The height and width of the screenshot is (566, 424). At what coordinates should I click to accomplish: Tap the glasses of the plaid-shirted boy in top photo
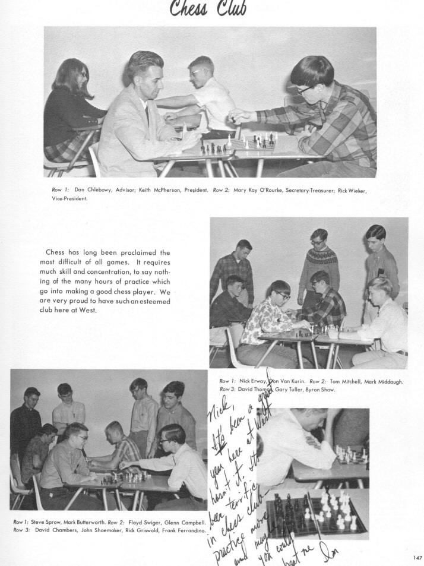[304, 90]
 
